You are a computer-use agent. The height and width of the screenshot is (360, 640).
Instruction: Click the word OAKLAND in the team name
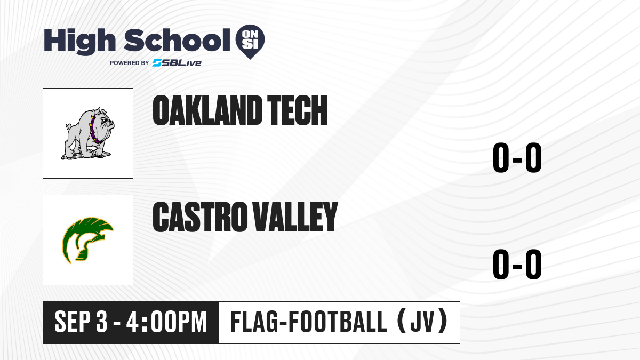click(207, 110)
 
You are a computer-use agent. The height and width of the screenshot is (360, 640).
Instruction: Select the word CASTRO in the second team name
click(200, 217)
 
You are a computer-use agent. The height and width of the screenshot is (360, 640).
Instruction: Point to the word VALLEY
click(295, 217)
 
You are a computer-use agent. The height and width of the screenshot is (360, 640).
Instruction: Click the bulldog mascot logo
click(88, 133)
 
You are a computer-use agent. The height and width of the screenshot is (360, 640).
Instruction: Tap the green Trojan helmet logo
click(88, 240)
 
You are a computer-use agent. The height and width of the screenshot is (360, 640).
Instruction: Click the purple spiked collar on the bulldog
click(94, 130)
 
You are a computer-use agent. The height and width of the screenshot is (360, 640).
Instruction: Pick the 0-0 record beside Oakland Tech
click(517, 157)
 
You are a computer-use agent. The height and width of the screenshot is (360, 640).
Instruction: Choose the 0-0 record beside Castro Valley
click(517, 264)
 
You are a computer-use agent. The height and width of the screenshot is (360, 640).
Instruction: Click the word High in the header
click(80, 41)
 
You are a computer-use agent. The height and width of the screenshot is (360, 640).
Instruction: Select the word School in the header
click(177, 40)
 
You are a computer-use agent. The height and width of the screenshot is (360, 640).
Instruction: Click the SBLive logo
click(177, 63)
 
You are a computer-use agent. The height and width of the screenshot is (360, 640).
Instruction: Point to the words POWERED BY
click(130, 63)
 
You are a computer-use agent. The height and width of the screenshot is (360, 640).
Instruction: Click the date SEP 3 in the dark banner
click(81, 322)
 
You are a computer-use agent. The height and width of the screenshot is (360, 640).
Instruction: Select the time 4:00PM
click(166, 322)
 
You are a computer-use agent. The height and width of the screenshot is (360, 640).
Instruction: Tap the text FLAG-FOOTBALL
click(309, 322)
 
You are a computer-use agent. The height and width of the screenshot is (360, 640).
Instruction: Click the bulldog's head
click(103, 122)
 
